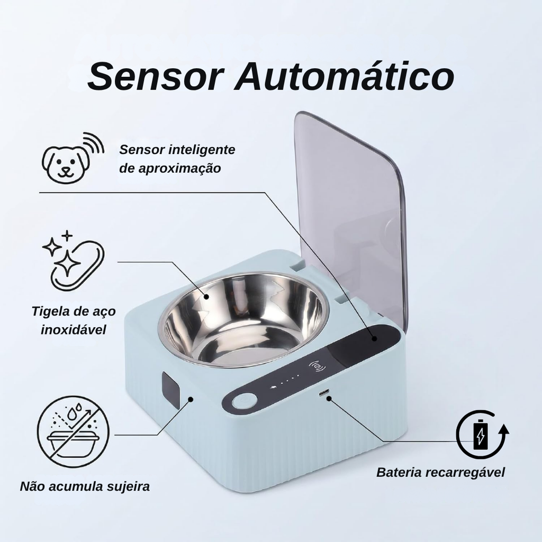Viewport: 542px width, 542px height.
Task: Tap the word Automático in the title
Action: click(344, 76)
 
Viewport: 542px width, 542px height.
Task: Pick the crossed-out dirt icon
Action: click(73, 432)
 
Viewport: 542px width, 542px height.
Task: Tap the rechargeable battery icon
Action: click(482, 434)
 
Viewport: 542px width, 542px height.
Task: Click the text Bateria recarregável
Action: click(440, 472)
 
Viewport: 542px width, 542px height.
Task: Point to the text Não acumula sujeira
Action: click(85, 486)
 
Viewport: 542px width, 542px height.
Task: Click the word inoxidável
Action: click(73, 329)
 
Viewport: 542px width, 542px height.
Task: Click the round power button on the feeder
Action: click(245, 402)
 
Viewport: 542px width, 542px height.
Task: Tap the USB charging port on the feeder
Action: click(324, 393)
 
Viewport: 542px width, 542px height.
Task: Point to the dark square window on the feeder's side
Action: click(170, 390)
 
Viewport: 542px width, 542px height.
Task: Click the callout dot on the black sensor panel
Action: click(374, 338)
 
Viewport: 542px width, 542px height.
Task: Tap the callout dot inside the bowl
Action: click(206, 296)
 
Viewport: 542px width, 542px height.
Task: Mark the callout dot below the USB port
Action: click(329, 399)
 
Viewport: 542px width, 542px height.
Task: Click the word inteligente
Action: click(202, 150)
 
